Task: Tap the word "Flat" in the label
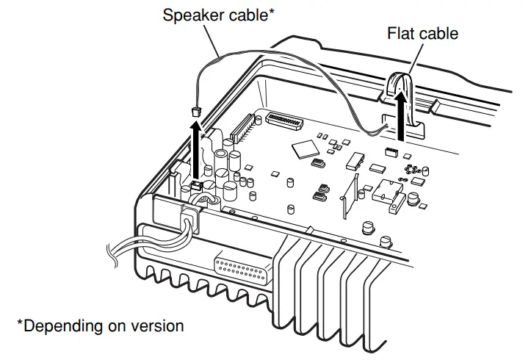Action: click(402, 34)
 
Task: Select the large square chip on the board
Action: click(303, 150)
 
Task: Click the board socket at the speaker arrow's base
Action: click(198, 184)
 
